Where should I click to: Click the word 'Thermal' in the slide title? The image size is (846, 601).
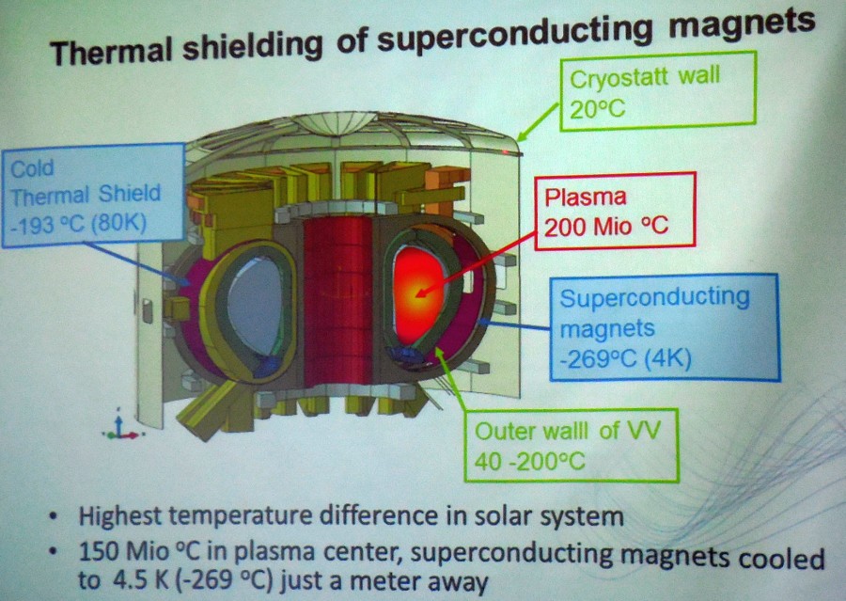pyautogui.click(x=112, y=50)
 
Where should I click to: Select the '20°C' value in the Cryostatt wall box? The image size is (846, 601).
pyautogui.click(x=597, y=110)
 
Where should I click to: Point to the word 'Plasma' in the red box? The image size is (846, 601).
pyautogui.click(x=586, y=198)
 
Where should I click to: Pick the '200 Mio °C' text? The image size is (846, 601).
pyautogui.click(x=606, y=227)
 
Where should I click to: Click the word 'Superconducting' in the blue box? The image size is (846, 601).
pyautogui.click(x=654, y=298)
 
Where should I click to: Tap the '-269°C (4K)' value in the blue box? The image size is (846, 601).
pyautogui.click(x=625, y=359)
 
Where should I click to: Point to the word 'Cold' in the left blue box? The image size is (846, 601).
pyautogui.click(x=32, y=169)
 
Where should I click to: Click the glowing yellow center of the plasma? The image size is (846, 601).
pyautogui.click(x=418, y=293)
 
